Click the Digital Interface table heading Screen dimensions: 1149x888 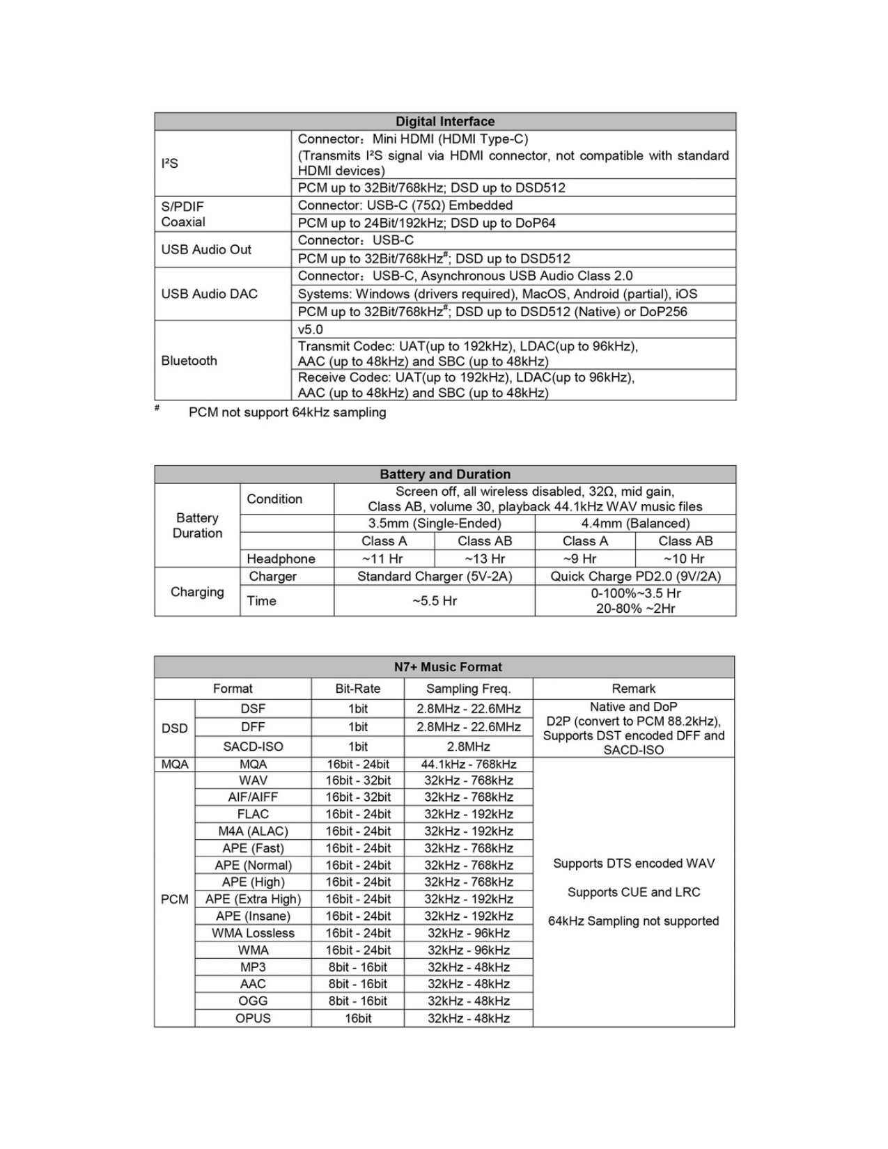pos(445,121)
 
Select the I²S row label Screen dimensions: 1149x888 pos(170,164)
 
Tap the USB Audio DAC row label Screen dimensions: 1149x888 pos(209,294)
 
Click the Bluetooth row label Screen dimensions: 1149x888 pos(189,361)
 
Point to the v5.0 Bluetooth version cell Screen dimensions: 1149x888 pos(311,329)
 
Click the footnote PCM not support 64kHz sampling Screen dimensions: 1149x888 pos(287,412)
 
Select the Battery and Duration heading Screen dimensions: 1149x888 pos(445,474)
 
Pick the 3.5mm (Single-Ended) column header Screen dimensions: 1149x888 pos(435,524)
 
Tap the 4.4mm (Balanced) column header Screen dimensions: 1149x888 pos(635,524)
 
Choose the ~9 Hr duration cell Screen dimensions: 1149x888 pos(579,558)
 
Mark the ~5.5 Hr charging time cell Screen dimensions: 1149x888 pos(435,601)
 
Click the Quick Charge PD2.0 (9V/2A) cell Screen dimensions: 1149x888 pos(635,577)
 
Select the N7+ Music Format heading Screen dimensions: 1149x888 pos(448,667)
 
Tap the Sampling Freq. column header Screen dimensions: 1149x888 pos(469,689)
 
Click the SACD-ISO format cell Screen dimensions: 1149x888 pos(253,747)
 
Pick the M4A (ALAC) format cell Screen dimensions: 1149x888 pos(253,831)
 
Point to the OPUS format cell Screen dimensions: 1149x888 pos(253,1018)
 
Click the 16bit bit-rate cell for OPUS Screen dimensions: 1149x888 pos(358,1018)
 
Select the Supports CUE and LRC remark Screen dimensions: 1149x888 pos(634,892)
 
